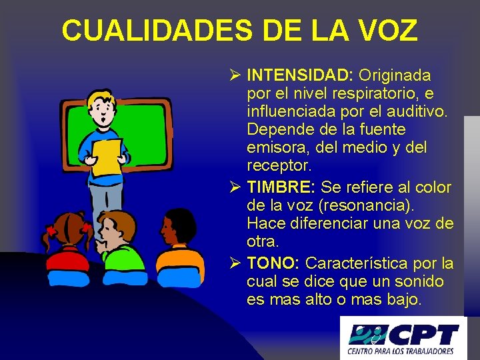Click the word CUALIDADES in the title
[x=158, y=30]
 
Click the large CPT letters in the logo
[x=427, y=333]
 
